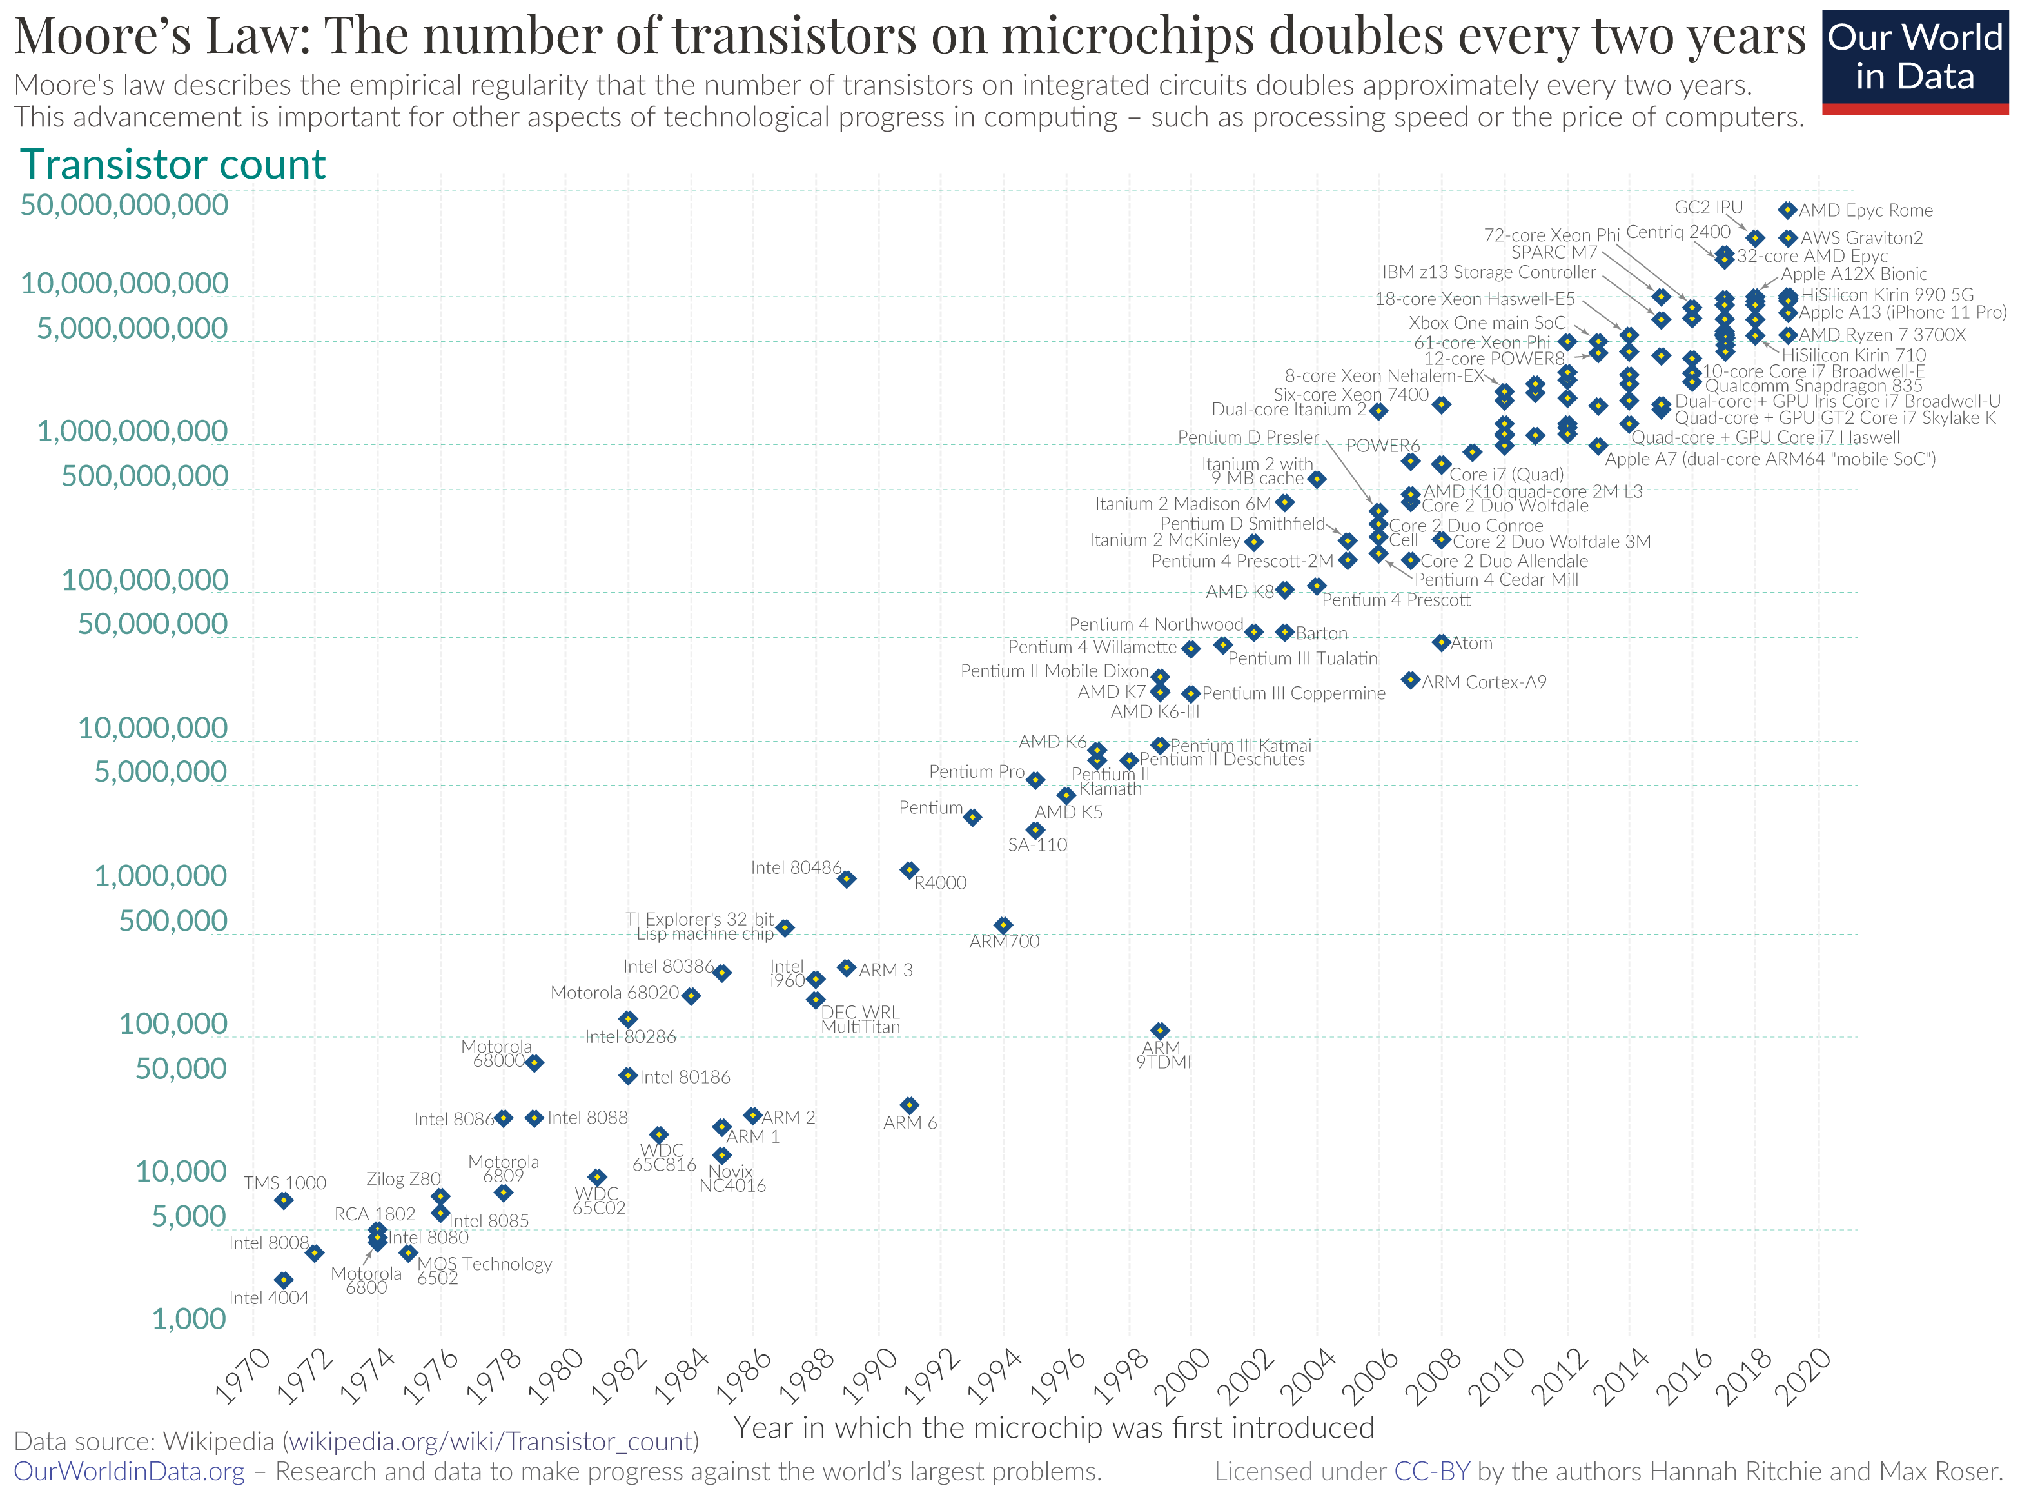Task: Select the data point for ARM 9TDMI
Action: click(1160, 1030)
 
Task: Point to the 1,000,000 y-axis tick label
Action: click(160, 876)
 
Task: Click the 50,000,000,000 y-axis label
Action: click(124, 204)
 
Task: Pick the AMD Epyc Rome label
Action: click(1865, 210)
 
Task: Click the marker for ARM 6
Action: click(909, 1105)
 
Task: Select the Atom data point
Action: click(1441, 642)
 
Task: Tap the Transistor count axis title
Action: click(172, 164)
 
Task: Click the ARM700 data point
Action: click(1003, 925)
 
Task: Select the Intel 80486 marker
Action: click(846, 878)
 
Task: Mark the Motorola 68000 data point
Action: click(534, 1062)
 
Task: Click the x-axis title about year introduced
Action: click(1054, 1427)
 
